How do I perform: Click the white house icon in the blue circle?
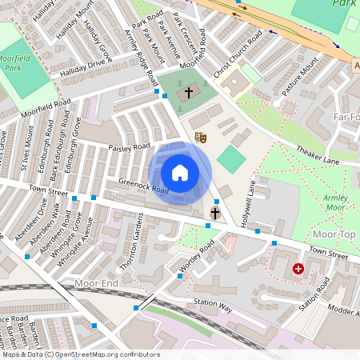point(180,173)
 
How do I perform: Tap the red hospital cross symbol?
point(299,270)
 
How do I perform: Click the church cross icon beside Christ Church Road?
point(189,93)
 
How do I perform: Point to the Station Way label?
point(213,307)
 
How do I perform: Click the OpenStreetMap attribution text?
point(80,354)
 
